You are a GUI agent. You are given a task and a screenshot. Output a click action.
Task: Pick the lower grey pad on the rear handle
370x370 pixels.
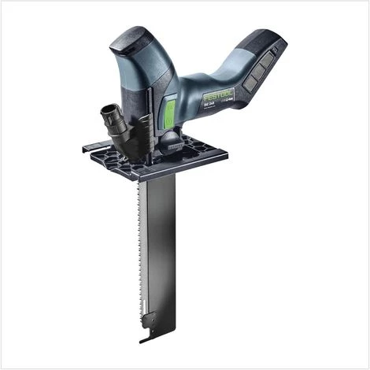point(253,79)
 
